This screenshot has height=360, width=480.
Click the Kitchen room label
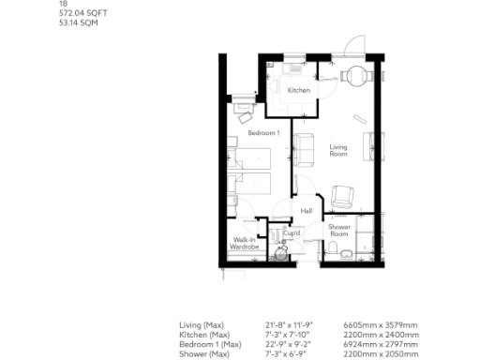[x=298, y=91]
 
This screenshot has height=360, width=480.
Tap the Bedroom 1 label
[x=263, y=133]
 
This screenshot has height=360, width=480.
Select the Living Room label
[x=338, y=150]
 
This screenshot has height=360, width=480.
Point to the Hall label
[x=306, y=211]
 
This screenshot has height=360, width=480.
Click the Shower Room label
[x=338, y=230]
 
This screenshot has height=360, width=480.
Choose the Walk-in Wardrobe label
[x=246, y=244]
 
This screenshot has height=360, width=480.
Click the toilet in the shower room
[x=335, y=247]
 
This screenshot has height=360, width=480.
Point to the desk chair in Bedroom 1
[x=245, y=118]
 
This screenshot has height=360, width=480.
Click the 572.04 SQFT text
[x=78, y=15]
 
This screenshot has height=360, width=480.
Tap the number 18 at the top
[x=63, y=5]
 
